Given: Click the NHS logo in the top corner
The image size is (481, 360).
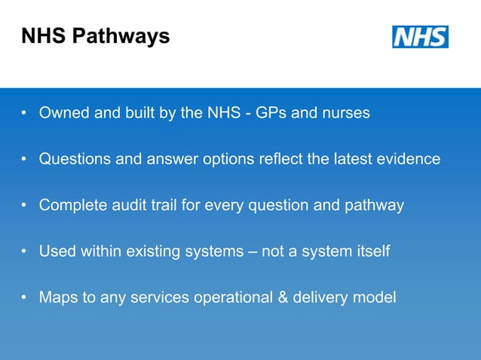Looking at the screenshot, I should [x=420, y=37].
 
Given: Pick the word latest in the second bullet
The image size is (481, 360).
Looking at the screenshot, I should [x=339, y=160].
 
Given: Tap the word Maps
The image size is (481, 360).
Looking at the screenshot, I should [x=59, y=297].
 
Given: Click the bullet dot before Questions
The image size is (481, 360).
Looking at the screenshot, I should [x=25, y=160].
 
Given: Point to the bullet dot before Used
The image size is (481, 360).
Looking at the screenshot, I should [x=25, y=252].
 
